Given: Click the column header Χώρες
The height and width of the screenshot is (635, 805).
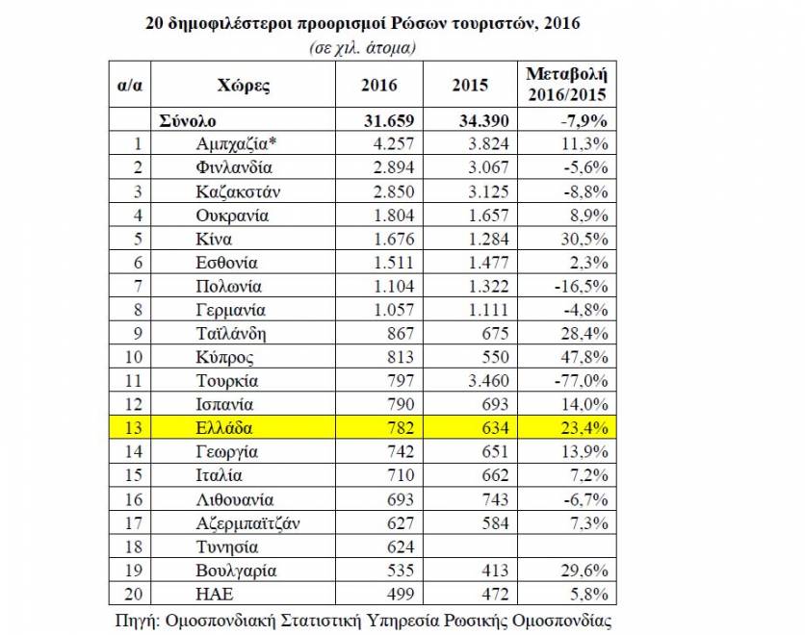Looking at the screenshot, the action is click(243, 85).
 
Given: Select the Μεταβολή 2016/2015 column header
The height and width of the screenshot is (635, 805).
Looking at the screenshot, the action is click(567, 84).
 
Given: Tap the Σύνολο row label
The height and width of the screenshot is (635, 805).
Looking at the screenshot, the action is click(188, 120).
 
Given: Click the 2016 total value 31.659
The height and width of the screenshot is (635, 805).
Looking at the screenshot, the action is click(389, 120).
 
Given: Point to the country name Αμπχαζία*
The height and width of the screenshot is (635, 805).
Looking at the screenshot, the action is click(236, 144).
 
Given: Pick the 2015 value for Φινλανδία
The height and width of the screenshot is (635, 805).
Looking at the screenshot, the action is click(488, 167).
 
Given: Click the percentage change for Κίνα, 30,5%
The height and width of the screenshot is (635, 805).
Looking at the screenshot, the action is click(584, 239).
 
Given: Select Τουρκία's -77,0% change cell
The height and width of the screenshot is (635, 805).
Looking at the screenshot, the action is click(582, 381).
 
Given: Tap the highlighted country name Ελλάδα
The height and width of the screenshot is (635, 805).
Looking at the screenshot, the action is click(224, 428).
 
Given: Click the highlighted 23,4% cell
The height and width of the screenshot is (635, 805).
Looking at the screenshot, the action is click(584, 428).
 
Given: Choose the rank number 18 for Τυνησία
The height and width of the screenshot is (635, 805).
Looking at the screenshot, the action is click(133, 546).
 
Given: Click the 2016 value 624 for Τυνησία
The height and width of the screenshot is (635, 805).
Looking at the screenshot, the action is click(401, 546).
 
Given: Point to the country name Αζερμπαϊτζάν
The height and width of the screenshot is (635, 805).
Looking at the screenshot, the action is click(248, 523).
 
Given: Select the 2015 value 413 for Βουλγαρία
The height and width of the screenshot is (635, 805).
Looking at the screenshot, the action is click(495, 571).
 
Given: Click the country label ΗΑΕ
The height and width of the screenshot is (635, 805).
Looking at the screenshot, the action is click(215, 594).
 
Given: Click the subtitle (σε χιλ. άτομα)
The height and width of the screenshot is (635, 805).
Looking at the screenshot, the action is click(362, 48).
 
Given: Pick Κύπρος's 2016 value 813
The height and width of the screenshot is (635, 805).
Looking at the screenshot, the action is click(401, 357).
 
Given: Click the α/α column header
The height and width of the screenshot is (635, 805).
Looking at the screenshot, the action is click(130, 85).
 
